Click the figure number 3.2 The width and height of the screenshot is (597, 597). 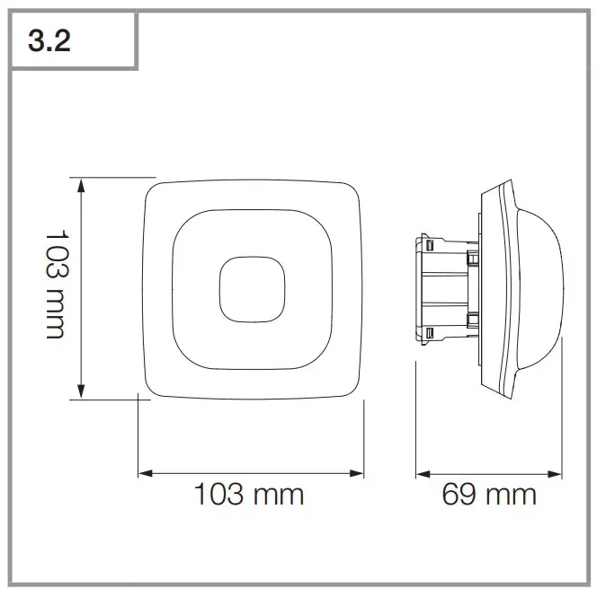[50, 42]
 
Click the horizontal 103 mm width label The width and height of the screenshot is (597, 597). [249, 494]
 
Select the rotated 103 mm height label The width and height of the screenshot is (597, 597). [56, 282]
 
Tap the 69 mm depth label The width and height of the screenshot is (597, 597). [489, 494]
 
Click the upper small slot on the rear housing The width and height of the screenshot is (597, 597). [430, 244]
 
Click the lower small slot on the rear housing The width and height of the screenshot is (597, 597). [430, 333]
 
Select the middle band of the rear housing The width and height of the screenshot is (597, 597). [445, 288]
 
